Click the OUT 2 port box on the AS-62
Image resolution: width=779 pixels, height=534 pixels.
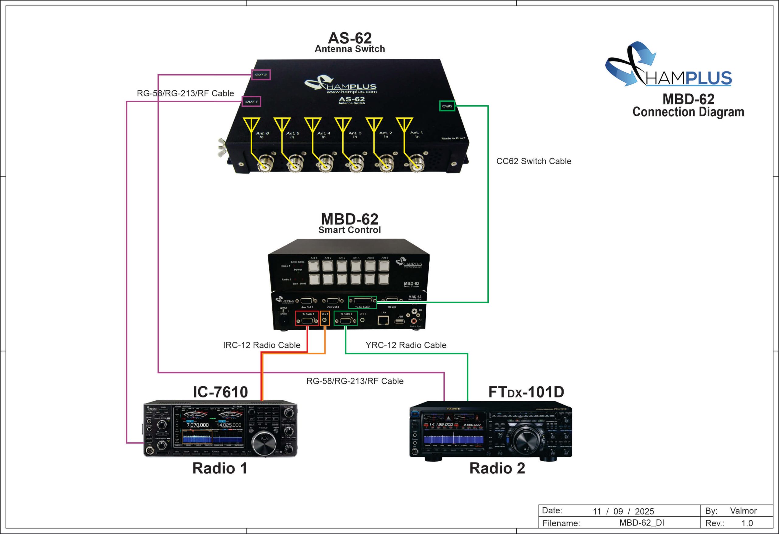pos(261,75)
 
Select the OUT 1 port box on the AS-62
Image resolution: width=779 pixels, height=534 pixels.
pos(251,102)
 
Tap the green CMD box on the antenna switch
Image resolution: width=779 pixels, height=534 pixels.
pos(447,106)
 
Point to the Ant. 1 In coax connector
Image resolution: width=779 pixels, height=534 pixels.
pos(417,164)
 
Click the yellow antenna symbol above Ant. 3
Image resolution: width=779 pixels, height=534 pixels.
pos(343,124)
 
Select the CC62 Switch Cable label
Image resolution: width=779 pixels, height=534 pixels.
pos(534,161)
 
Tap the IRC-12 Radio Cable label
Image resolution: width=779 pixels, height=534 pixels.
pos(261,345)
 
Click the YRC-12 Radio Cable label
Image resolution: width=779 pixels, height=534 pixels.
pos(406,345)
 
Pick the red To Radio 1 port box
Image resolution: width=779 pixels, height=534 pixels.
pos(307,318)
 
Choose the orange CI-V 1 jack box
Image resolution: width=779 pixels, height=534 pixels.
pos(325,318)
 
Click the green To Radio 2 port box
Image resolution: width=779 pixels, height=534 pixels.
pos(346,318)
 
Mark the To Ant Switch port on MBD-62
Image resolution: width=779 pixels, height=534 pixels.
pos(362,302)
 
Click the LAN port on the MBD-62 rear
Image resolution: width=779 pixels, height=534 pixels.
pos(383,320)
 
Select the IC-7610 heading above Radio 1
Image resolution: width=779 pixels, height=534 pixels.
pos(220,392)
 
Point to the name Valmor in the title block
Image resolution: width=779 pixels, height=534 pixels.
pos(743,511)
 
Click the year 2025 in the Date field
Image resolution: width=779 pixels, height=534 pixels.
pos(644,511)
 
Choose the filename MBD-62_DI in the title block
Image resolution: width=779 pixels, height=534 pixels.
pos(641,523)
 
